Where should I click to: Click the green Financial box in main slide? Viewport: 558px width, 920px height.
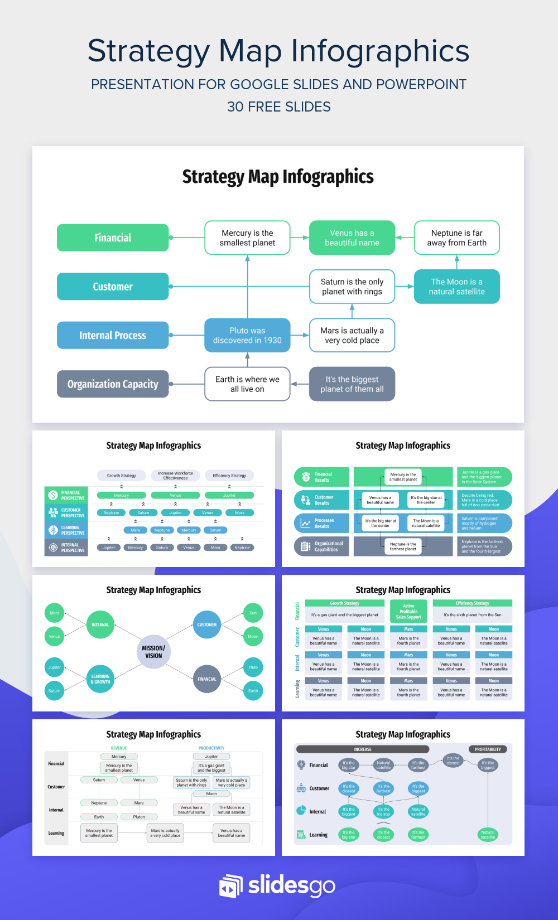point(113,238)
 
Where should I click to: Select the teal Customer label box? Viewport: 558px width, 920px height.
point(113,287)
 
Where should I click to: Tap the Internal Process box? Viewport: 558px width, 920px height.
point(113,335)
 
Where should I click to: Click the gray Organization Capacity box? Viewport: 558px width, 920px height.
point(113,384)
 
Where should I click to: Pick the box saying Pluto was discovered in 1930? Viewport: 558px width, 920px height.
point(247,335)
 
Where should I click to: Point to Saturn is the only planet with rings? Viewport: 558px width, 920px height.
point(352,287)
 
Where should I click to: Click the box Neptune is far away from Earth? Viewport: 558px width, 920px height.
point(456,238)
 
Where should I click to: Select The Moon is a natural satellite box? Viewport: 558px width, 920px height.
point(456,287)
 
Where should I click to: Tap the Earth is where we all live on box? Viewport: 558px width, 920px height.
point(247,384)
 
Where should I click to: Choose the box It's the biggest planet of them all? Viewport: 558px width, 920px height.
point(352,384)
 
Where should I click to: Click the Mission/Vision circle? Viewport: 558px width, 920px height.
point(153,652)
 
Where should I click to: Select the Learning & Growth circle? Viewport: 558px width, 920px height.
point(100,679)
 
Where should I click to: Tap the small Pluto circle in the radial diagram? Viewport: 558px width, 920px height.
point(253,667)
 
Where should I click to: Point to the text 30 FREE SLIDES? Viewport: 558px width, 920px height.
point(279,106)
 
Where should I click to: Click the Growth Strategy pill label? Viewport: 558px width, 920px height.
point(122,476)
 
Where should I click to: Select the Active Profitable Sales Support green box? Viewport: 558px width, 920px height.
point(408,611)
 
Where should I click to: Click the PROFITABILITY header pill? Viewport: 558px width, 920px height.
point(488,749)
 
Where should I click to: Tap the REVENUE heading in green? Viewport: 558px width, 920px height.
point(119,748)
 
